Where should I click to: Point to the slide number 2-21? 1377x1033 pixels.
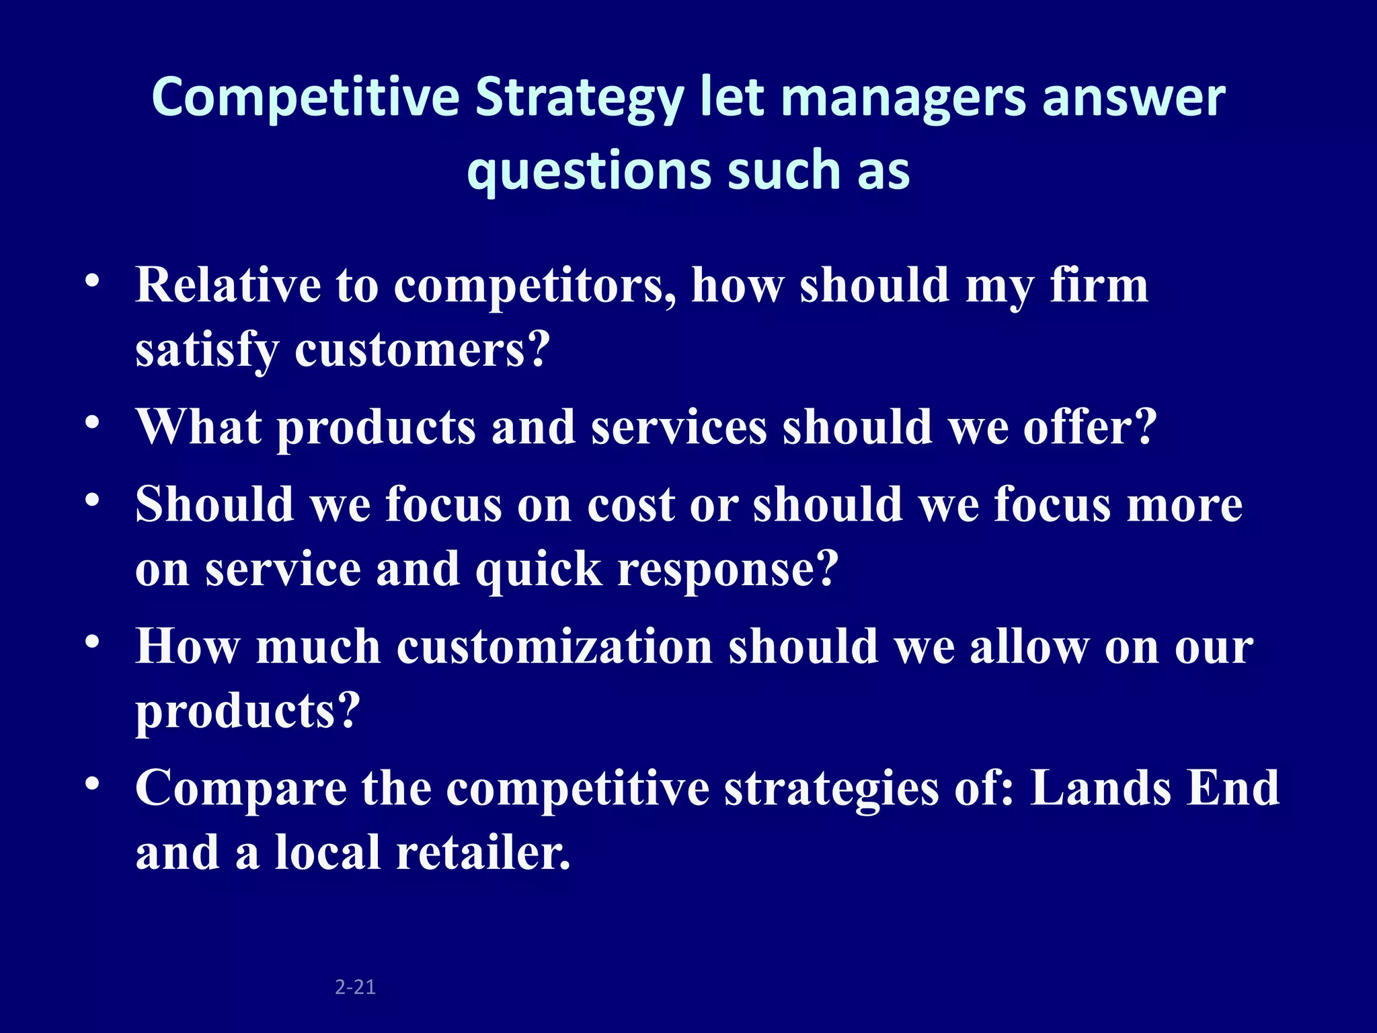355,987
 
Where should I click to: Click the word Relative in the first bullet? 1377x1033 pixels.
228,285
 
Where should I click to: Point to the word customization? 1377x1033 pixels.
555,646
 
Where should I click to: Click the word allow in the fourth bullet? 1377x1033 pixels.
1029,646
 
